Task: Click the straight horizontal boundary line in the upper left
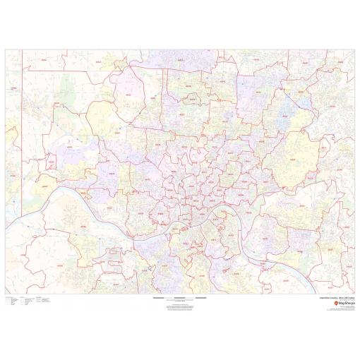click(42, 70)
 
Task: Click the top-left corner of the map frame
click(5, 50)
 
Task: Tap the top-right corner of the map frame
click(354, 50)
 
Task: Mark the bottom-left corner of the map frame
click(5, 294)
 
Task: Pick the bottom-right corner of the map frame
click(354, 294)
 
